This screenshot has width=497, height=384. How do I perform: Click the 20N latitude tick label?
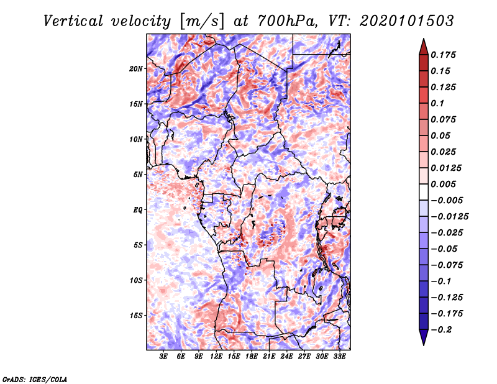pos(137,68)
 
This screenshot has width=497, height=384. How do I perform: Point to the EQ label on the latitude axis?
pos(138,210)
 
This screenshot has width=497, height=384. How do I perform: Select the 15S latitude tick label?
pos(137,316)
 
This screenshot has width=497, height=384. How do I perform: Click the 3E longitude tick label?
pos(163,357)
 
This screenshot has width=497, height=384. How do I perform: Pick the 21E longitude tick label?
pos(269,357)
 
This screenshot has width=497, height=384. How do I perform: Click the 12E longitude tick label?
pos(216,357)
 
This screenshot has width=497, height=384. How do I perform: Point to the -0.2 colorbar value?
pos(444,330)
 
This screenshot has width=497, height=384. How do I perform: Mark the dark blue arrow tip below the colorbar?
pos(423,339)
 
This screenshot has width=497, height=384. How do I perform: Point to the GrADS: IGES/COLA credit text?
pos(34,378)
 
